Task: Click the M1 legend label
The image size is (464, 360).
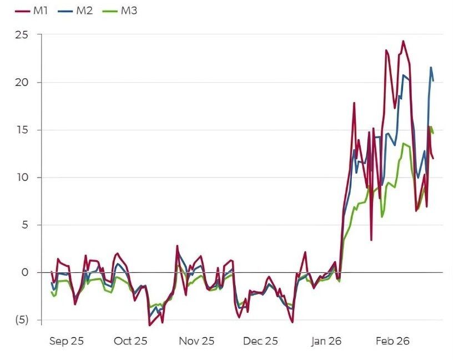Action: pyautogui.click(x=40, y=11)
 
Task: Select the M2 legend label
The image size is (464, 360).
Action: pyautogui.click(x=84, y=11)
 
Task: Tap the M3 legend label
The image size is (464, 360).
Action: pyautogui.click(x=129, y=11)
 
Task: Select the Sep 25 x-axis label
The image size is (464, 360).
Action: pyautogui.click(x=66, y=341)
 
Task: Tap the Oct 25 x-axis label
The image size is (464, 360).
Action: pyautogui.click(x=130, y=341)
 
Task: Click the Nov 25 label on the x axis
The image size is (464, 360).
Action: pyautogui.click(x=196, y=341)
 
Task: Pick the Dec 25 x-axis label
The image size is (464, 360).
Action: pyautogui.click(x=260, y=341)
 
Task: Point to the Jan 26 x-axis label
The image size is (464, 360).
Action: pyautogui.click(x=326, y=341)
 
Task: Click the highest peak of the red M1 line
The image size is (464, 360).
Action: pyautogui.click(x=403, y=41)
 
